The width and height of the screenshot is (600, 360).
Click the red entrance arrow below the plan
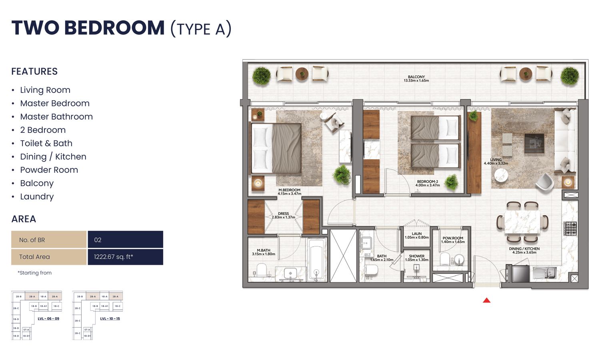pyautogui.click(x=486, y=300)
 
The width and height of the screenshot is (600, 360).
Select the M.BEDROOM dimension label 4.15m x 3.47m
pyautogui.click(x=289, y=194)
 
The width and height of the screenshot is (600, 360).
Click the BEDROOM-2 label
pyautogui.click(x=427, y=182)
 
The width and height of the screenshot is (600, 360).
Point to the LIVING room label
pyautogui.click(x=496, y=160)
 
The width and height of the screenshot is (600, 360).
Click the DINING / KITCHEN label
pyautogui.click(x=524, y=249)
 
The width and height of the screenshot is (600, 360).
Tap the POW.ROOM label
pyautogui.click(x=453, y=238)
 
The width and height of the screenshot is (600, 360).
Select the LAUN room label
pyautogui.click(x=416, y=234)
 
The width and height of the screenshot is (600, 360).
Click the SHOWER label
pyautogui.click(x=416, y=256)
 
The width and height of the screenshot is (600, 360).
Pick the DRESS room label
pyautogui.click(x=283, y=214)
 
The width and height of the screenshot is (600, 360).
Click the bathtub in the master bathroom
pyautogui.click(x=316, y=260)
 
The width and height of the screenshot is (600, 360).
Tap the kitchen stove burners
pyautogui.click(x=570, y=228)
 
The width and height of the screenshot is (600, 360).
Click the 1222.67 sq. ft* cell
pyautogui.click(x=125, y=257)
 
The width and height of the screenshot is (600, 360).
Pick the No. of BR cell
pyautogui.click(x=49, y=240)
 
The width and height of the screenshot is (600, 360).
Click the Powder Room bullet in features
pyautogui.click(x=49, y=170)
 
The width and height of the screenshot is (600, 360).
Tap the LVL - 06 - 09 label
pyautogui.click(x=48, y=318)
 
